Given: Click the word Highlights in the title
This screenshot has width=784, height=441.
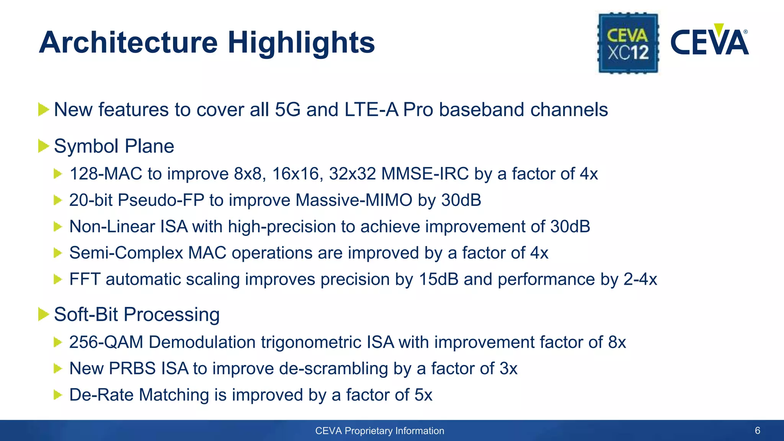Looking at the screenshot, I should (301, 43).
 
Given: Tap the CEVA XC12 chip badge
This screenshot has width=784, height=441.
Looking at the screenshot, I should (628, 43).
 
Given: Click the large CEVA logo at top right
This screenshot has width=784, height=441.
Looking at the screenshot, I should (709, 42).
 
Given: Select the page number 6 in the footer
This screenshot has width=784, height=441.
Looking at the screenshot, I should (757, 431).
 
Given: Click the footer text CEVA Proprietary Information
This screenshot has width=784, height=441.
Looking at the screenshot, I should (379, 431).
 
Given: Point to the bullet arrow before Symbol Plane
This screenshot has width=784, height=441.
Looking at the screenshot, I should (44, 146).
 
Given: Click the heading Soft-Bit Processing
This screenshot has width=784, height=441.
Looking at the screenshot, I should (137, 314).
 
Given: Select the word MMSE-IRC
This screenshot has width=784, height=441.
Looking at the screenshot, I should (425, 174).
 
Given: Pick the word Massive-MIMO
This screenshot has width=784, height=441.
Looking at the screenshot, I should (354, 200).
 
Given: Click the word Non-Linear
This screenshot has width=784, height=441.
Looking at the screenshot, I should (112, 227).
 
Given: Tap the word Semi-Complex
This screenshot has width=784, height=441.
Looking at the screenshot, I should (126, 253).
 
